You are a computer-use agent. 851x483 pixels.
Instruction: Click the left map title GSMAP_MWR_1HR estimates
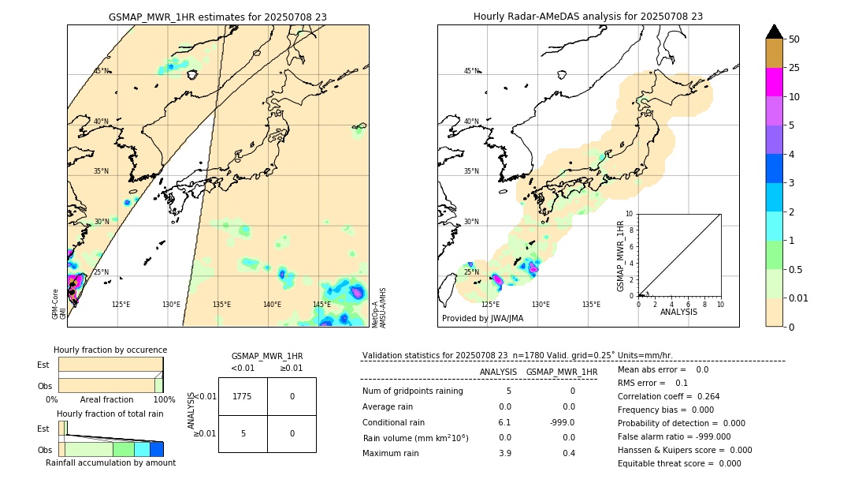[x=217, y=17]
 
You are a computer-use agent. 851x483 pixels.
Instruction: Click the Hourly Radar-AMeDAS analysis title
[x=588, y=17]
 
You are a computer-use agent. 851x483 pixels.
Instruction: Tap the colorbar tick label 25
[x=795, y=68]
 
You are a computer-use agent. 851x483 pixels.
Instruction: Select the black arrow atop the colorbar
[x=775, y=32]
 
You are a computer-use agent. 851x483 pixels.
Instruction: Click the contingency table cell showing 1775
[x=243, y=396]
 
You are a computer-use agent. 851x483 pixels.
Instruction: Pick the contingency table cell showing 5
[x=243, y=433]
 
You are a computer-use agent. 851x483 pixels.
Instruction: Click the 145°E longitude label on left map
[x=321, y=305]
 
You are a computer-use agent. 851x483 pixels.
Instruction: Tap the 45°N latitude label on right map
[x=471, y=71]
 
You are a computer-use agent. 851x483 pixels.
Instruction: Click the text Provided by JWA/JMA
[x=482, y=319]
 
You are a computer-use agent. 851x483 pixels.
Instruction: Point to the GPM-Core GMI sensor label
[x=59, y=304]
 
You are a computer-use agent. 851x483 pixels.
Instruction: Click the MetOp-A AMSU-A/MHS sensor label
[x=378, y=308]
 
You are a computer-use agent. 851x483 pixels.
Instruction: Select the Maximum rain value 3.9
[x=504, y=453]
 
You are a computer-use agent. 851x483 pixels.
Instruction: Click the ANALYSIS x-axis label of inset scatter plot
[x=679, y=312]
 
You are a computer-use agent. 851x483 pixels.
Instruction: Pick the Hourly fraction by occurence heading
[x=110, y=350]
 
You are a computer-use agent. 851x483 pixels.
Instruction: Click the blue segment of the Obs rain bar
[x=156, y=449]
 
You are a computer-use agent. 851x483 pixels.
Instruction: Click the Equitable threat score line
[x=679, y=463]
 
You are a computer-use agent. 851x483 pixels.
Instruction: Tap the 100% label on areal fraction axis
[x=164, y=399]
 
